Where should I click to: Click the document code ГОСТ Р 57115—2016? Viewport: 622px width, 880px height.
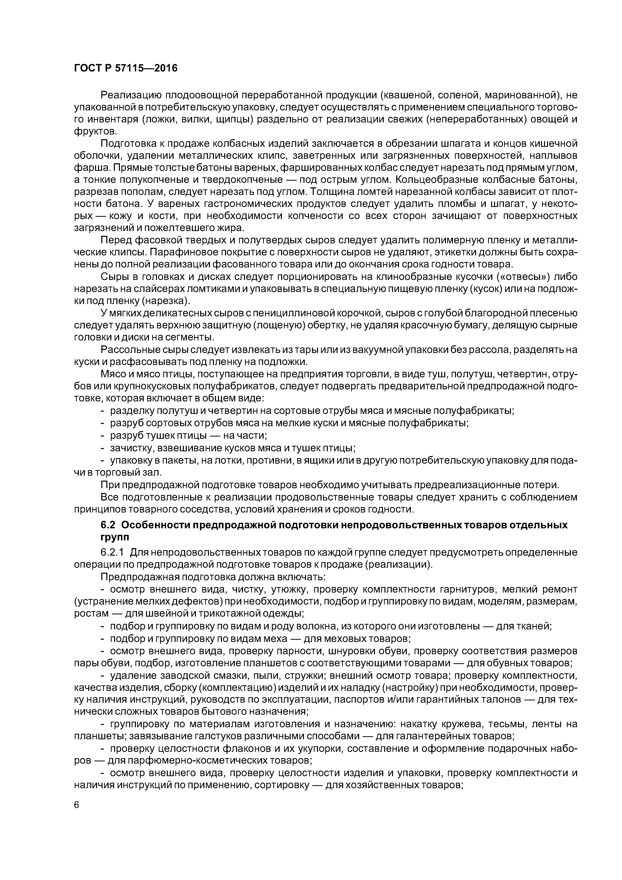(126, 68)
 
